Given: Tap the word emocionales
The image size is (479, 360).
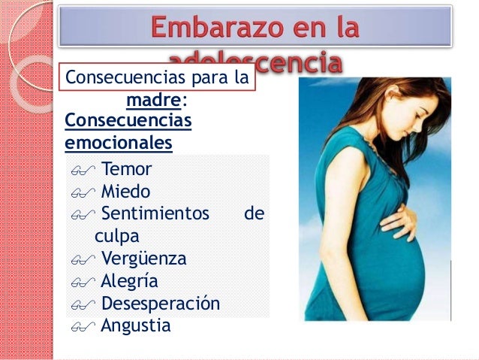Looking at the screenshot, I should point(119,142).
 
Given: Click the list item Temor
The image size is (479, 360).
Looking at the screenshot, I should point(126,168).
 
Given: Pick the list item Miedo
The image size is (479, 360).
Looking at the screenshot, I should point(125,191).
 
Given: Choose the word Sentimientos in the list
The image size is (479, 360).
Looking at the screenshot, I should point(155,213).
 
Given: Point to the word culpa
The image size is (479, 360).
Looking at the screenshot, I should point(116,236).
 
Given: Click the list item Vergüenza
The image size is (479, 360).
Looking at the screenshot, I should point(143,259).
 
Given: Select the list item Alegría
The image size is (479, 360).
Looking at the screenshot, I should point(130,282).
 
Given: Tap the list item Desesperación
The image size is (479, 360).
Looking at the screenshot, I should point(160,304).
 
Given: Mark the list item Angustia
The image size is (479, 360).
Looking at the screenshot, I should point(135,326).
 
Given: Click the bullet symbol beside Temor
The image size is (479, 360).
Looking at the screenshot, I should point(80,170).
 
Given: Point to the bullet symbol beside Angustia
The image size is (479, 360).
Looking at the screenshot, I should point(80,328).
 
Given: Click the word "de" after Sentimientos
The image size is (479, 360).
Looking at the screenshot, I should point(255,213).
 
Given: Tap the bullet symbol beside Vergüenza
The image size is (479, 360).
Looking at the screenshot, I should point(80,261).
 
